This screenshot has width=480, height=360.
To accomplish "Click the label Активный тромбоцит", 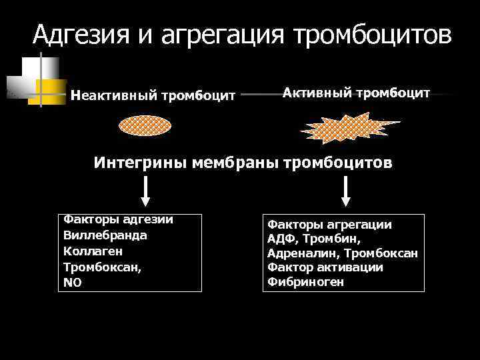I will click(356, 93).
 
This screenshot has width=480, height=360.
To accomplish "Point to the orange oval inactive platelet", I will click(145, 126).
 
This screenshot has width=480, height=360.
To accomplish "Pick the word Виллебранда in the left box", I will click(105, 235).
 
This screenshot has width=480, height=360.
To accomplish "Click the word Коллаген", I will click(92, 251).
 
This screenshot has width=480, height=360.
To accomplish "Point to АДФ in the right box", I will click(280, 239).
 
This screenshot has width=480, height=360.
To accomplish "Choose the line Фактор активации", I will click(325, 267).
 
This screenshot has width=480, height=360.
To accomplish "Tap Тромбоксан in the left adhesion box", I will click(98, 267).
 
